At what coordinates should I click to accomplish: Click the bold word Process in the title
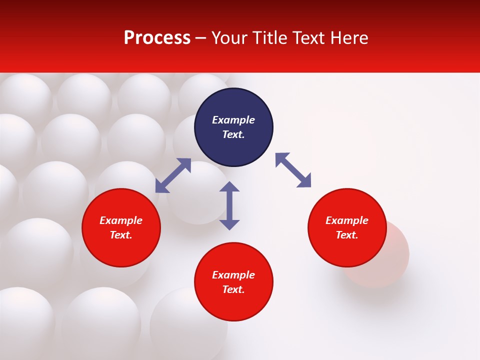157,38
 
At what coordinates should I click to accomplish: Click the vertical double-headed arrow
229,205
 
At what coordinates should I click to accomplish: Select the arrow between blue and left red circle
173,175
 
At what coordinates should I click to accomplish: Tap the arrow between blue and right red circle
293,170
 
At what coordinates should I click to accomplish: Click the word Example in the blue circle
233,120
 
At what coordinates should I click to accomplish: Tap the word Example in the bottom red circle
233,275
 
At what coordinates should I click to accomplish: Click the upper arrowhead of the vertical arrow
229,187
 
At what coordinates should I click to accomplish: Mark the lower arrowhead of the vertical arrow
229,224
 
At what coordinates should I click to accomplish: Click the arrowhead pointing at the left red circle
161,187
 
